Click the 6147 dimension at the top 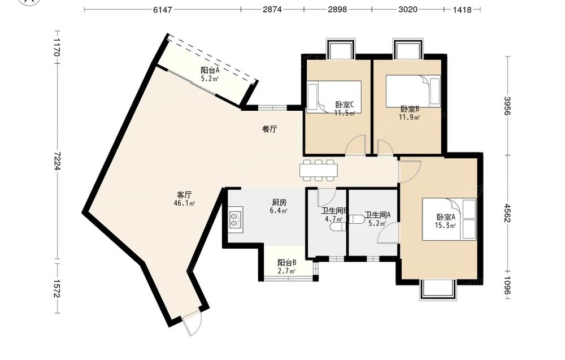[x=163, y=10]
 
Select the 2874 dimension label [x=272, y=10]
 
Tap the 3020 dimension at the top [x=408, y=10]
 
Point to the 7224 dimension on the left [x=56, y=161]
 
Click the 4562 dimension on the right [x=507, y=213]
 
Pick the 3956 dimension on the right [x=507, y=106]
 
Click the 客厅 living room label [x=184, y=195]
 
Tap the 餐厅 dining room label [x=270, y=129]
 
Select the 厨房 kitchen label [x=279, y=203]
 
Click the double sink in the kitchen [x=235, y=219]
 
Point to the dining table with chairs [x=319, y=170]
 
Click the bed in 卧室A [x=449, y=219]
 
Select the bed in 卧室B [x=413, y=91]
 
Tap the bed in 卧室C [x=334, y=97]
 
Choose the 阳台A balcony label [x=210, y=70]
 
